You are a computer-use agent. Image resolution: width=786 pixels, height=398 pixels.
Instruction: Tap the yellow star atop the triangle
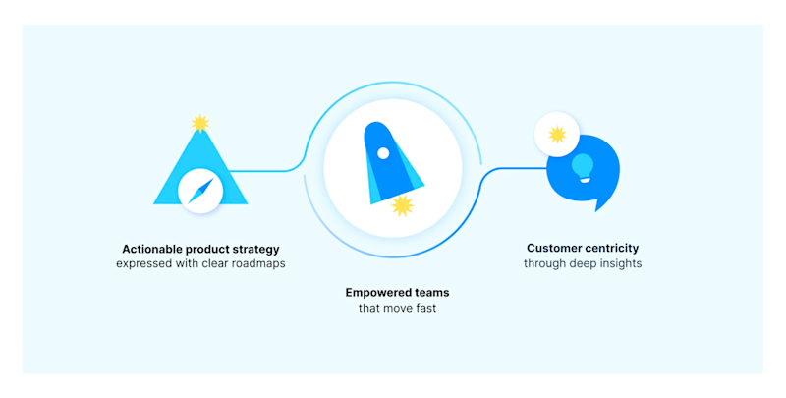point(200,123)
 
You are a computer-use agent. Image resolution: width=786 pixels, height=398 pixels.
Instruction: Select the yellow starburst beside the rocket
point(402,205)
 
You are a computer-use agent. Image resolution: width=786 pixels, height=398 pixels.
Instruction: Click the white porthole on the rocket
point(383,153)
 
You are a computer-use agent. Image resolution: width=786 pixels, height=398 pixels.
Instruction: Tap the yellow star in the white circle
point(557,135)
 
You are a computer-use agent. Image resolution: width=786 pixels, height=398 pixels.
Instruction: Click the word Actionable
point(152,249)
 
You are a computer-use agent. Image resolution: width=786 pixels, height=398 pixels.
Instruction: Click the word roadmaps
point(257,263)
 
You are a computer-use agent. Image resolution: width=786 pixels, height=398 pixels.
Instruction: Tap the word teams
point(433,293)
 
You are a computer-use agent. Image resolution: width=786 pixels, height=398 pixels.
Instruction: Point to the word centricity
point(612,249)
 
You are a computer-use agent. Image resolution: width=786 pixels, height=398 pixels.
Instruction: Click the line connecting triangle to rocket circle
point(265,171)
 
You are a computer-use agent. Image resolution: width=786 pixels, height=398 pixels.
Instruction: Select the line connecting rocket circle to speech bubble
point(511,169)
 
